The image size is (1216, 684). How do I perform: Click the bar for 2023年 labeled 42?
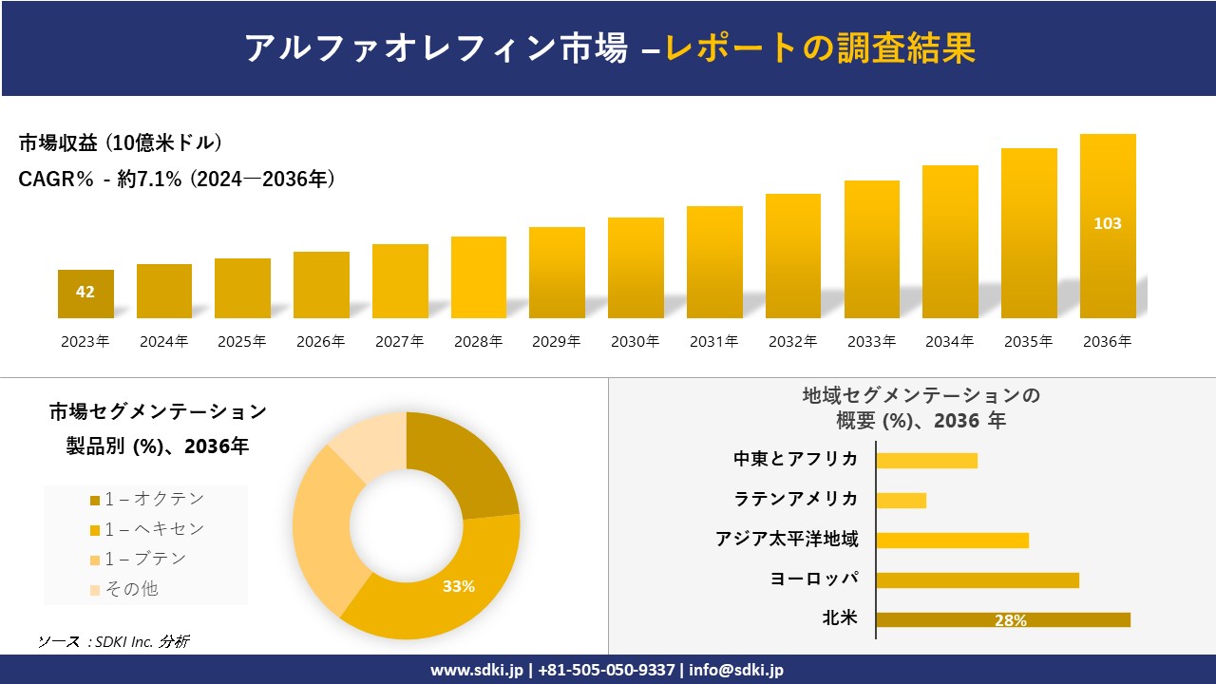click(85, 294)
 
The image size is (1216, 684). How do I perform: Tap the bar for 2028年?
click(479, 277)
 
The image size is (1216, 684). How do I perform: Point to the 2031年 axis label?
click(713, 342)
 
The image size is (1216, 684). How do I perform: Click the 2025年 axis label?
click(242, 342)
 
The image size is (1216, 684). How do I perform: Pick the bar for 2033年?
click(871, 249)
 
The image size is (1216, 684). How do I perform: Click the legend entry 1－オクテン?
click(147, 499)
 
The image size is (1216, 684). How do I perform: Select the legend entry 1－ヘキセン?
click(147, 529)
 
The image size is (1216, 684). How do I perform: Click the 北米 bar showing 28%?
click(1002, 619)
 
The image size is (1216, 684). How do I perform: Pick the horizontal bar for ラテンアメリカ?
click(901, 500)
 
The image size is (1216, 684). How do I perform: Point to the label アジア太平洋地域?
click(787, 540)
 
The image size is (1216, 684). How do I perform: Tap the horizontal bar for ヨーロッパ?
click(977, 579)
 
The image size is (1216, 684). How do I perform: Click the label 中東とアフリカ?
click(795, 459)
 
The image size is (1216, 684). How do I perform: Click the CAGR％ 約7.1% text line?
click(177, 180)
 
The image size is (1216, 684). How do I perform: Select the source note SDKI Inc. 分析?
click(113, 642)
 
